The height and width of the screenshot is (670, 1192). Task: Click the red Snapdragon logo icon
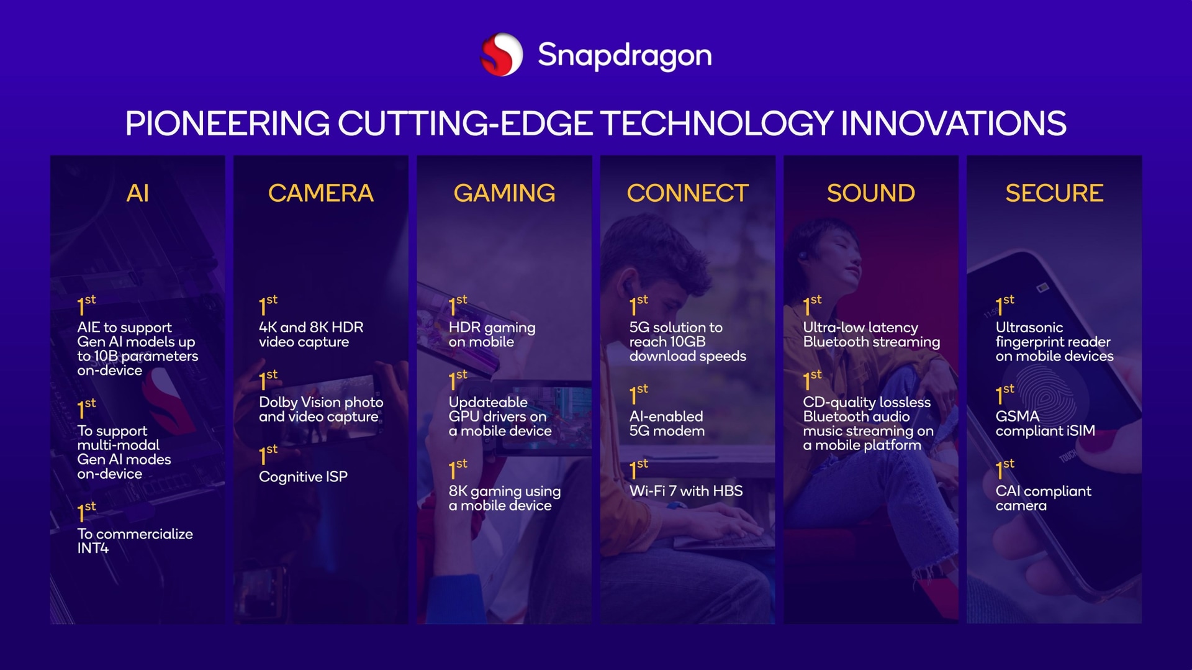coord(502,54)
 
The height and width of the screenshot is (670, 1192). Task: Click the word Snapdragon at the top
coord(625,56)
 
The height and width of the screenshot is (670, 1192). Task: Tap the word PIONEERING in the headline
coord(227,123)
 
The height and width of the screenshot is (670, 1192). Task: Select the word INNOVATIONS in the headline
coord(953,123)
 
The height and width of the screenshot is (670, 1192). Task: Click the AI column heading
coord(138,193)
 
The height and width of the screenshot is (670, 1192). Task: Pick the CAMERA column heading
coord(321,193)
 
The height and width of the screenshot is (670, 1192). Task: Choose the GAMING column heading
coord(504,193)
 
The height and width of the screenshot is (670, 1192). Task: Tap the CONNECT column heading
coord(687,193)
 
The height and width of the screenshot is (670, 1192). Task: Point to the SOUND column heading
coord(870,193)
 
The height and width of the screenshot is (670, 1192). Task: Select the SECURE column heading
coord(1054,193)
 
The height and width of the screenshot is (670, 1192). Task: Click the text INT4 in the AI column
coord(93,548)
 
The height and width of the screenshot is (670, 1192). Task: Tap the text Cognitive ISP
coord(303,477)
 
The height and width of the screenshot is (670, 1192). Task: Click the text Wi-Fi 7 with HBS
coord(686,491)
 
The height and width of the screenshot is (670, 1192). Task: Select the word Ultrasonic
coord(1029,327)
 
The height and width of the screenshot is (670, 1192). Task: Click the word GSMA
coord(1018,416)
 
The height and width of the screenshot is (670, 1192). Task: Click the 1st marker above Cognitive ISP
coord(268,454)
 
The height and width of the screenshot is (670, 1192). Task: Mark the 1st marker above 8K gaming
coord(458,469)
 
